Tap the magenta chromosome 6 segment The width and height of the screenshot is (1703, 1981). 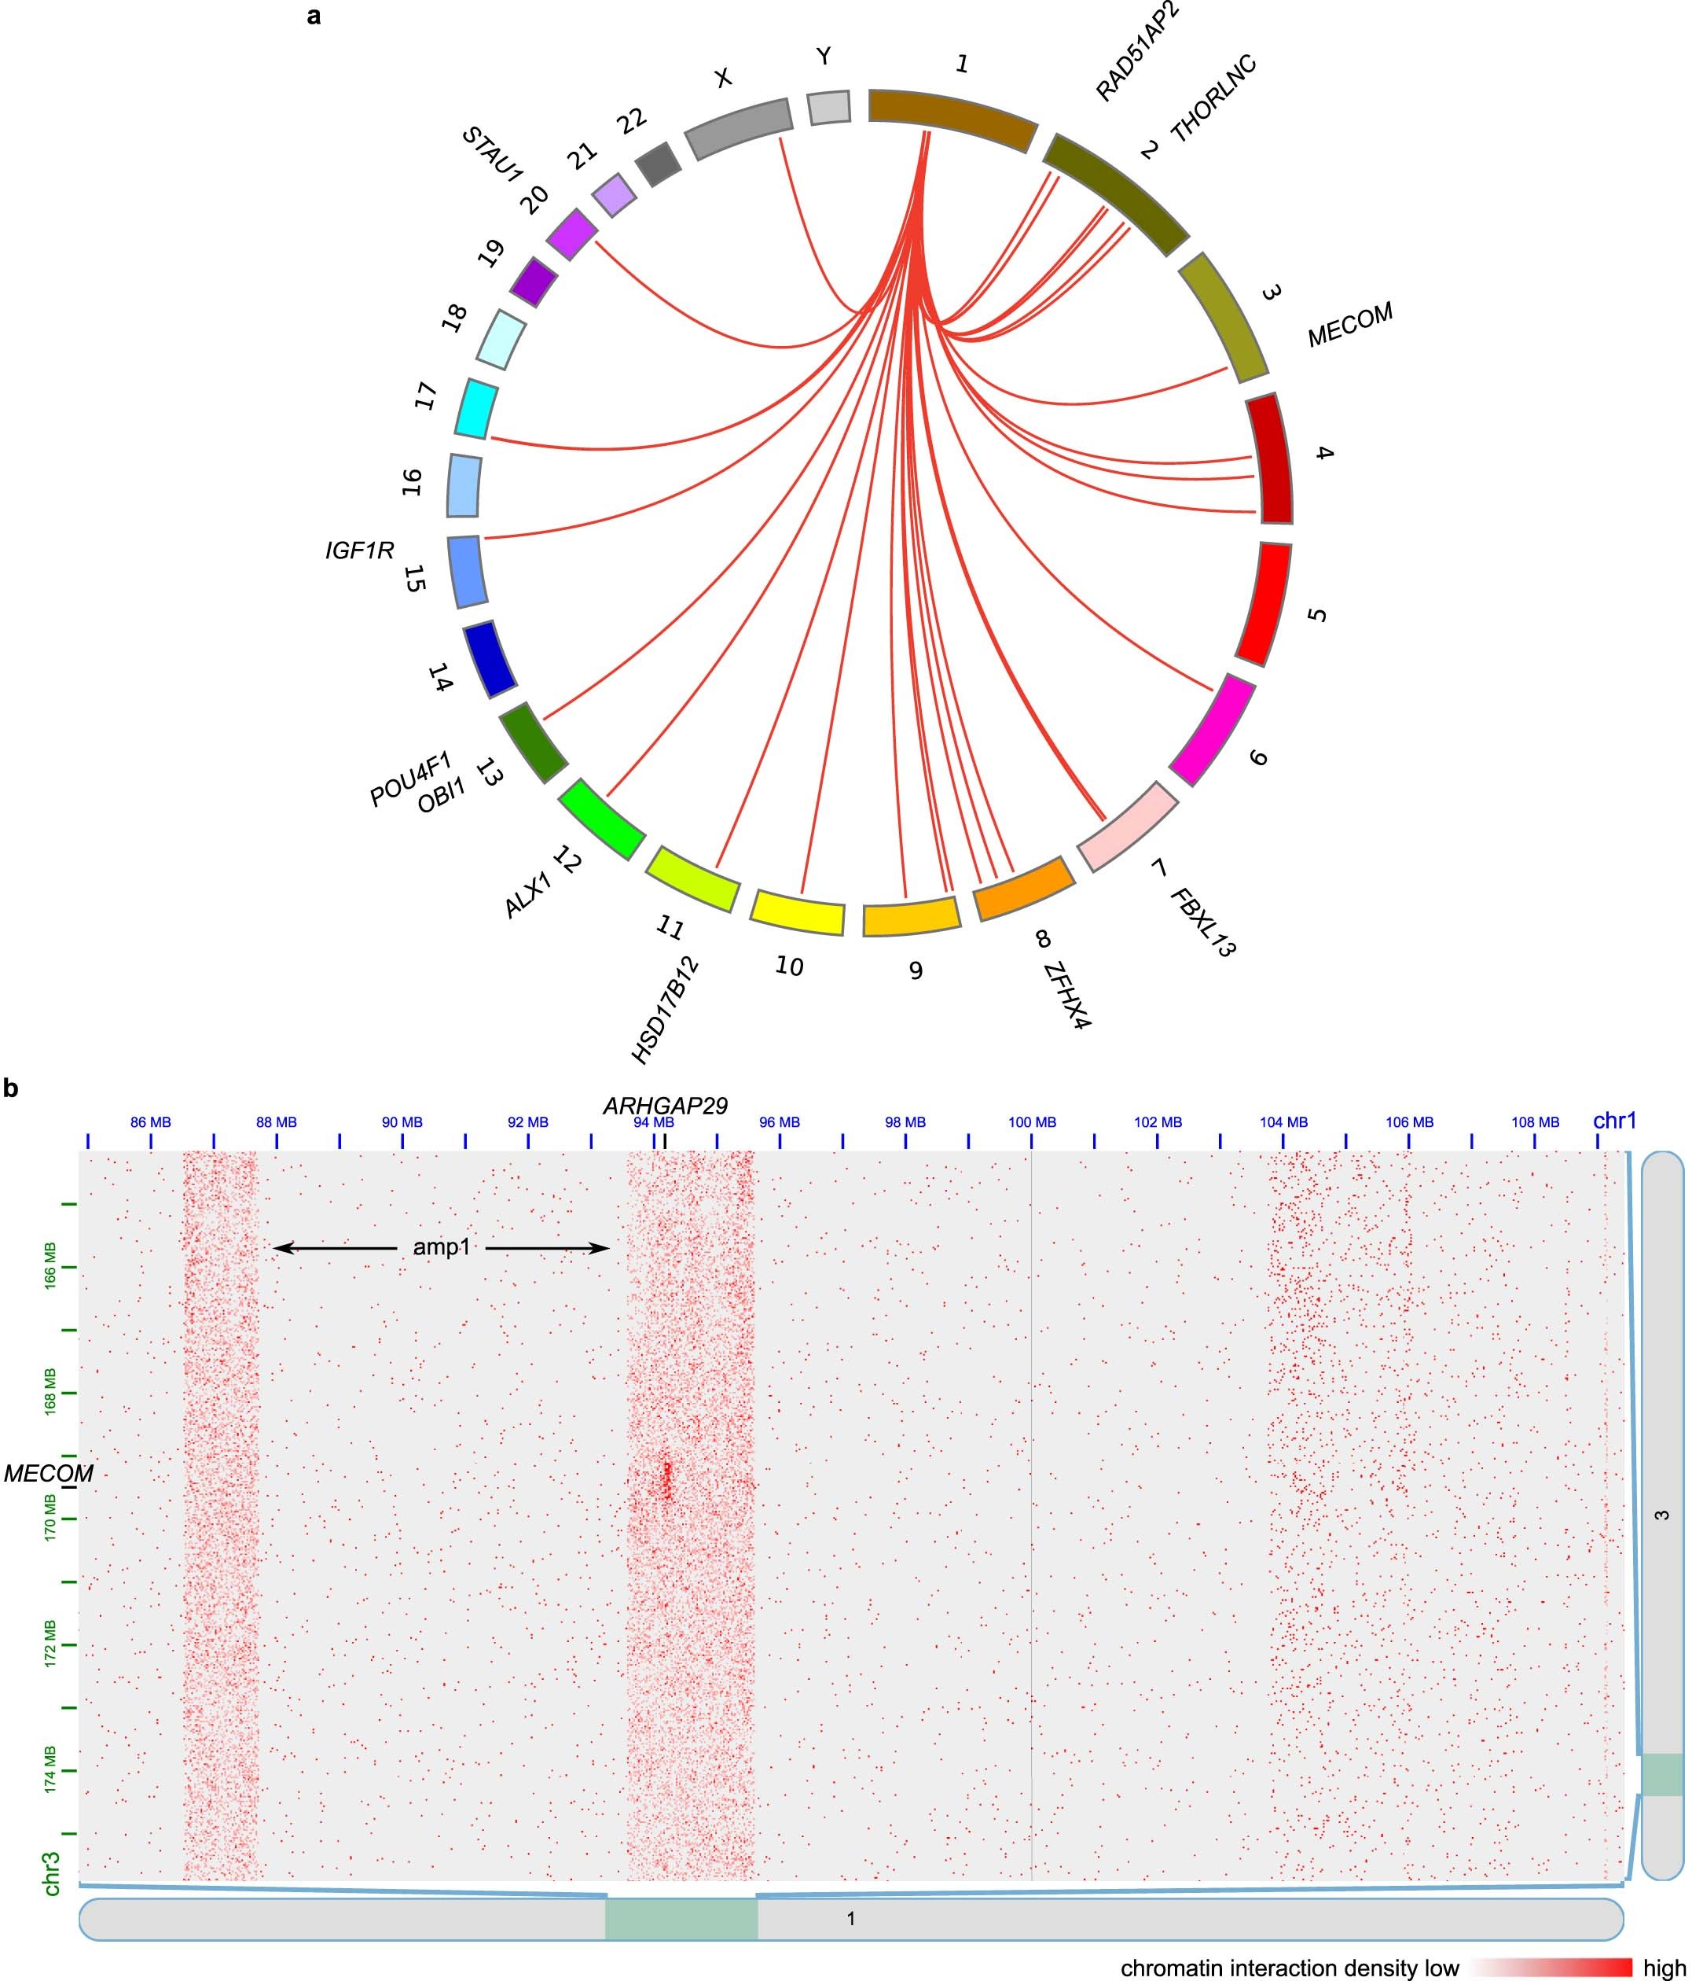(x=1212, y=728)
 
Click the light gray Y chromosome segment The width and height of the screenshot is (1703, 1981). (x=828, y=107)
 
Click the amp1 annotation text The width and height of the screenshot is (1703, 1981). (x=442, y=1246)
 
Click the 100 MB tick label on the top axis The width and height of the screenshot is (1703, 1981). (x=1032, y=1122)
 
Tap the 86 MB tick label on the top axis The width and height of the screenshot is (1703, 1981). (x=151, y=1122)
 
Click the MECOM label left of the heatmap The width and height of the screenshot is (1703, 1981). (x=48, y=1475)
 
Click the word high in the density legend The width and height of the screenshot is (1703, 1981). (x=1664, y=1968)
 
